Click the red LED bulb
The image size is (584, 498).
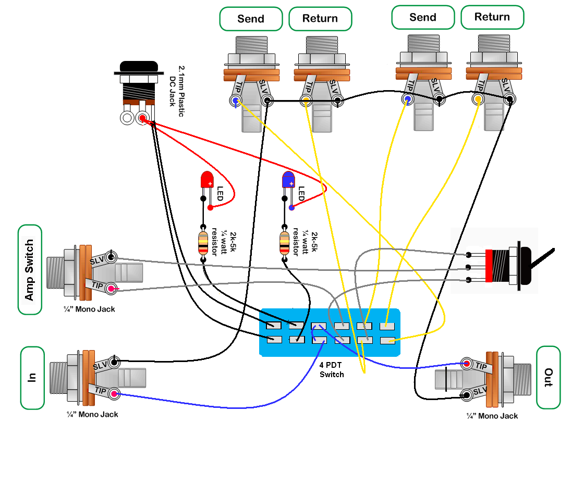(207, 179)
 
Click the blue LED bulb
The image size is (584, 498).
(288, 179)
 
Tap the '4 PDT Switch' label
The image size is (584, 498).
(332, 369)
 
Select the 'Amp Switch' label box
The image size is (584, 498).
(30, 270)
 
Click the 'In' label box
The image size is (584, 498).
(32, 378)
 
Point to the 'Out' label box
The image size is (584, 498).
(548, 378)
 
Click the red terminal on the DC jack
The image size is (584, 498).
(142, 118)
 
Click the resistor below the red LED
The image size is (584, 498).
(203, 243)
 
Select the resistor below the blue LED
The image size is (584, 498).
(284, 243)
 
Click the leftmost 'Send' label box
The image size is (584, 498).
(251, 19)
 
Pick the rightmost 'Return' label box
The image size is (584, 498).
(492, 17)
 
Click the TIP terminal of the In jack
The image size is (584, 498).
(114, 394)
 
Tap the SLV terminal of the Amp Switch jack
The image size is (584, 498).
(111, 257)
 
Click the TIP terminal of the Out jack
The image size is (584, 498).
(466, 364)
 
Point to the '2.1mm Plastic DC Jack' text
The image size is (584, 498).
(177, 91)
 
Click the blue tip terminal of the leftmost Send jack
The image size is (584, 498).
(235, 101)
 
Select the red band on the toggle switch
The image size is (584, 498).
(489, 266)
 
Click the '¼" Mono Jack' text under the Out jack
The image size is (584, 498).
(492, 416)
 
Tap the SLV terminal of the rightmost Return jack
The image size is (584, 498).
(509, 99)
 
